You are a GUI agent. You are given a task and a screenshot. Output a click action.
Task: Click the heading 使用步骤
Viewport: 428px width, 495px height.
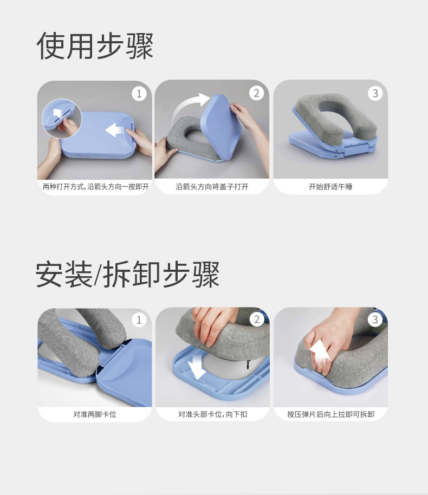click(x=95, y=46)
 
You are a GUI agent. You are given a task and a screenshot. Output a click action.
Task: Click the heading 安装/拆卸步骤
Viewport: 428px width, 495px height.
click(x=128, y=274)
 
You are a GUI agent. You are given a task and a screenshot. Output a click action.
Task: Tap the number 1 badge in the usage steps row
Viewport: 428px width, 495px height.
click(x=139, y=94)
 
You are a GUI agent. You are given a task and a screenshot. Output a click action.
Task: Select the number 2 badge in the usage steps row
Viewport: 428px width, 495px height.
click(x=256, y=93)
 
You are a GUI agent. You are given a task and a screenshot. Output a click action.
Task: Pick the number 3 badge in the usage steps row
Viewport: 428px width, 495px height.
click(x=375, y=93)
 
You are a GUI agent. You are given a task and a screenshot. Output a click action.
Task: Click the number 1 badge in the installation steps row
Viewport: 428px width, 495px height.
click(x=139, y=320)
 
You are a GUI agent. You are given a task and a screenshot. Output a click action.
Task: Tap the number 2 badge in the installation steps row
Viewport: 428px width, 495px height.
click(x=257, y=319)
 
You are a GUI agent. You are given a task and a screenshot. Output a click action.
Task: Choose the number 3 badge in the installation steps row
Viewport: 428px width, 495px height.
click(x=375, y=320)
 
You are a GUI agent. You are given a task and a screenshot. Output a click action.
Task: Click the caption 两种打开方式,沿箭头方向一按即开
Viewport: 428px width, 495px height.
click(x=96, y=187)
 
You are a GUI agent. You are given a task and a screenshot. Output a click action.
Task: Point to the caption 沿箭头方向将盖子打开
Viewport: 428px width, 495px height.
click(x=212, y=187)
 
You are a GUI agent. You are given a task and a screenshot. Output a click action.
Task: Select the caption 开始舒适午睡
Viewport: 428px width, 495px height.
click(x=330, y=187)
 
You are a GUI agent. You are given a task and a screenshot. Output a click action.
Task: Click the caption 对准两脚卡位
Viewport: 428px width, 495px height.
click(x=95, y=414)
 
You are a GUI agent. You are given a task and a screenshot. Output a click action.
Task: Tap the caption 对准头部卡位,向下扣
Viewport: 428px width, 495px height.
click(x=212, y=414)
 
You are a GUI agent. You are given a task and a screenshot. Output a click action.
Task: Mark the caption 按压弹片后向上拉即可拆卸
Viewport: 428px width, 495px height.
click(x=330, y=414)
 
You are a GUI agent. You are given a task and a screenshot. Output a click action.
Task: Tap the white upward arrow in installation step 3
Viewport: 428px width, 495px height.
click(x=320, y=351)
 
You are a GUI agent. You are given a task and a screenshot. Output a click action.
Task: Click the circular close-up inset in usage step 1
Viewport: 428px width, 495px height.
click(x=62, y=119)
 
